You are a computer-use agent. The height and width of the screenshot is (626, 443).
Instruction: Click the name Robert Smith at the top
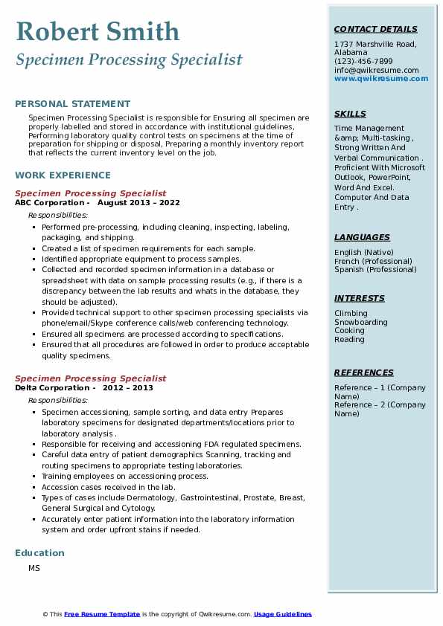pyautogui.click(x=98, y=31)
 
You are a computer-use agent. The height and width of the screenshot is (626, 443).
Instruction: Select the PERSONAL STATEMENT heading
pyautogui.click(x=72, y=104)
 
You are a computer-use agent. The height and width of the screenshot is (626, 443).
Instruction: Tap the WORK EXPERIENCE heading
pyautogui.click(x=63, y=175)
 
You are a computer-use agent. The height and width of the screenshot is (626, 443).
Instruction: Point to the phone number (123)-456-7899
pyautogui.click(x=363, y=62)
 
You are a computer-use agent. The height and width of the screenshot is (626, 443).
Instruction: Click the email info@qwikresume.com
pyautogui.click(x=376, y=70)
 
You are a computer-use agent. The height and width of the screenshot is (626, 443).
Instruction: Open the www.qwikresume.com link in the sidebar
pyautogui.click(x=376, y=78)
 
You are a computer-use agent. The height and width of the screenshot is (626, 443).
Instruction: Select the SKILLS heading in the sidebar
pyautogui.click(x=350, y=114)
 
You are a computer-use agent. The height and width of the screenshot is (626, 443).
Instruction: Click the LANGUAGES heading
pyautogui.click(x=362, y=237)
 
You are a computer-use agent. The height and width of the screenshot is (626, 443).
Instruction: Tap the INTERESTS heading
pyautogui.click(x=360, y=298)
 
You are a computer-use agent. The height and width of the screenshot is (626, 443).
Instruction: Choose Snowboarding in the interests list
pyautogui.click(x=361, y=323)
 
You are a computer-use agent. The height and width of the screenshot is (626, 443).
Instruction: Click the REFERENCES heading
pyautogui.click(x=363, y=372)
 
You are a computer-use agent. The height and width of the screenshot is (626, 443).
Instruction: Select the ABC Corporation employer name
pyautogui.click(x=49, y=203)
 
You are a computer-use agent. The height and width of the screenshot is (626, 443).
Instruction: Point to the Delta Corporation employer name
pyautogui.click(x=51, y=388)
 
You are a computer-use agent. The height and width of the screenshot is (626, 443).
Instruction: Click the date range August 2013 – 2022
pyautogui.click(x=138, y=203)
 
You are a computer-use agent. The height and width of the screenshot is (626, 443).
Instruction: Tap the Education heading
pyautogui.click(x=39, y=553)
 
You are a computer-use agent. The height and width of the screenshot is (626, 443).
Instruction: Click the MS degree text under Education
pyautogui.click(x=34, y=569)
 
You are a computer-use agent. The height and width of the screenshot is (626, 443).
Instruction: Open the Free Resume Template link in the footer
pyautogui.click(x=102, y=614)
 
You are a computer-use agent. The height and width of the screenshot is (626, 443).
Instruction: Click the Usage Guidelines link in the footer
pyautogui.click(x=283, y=614)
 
